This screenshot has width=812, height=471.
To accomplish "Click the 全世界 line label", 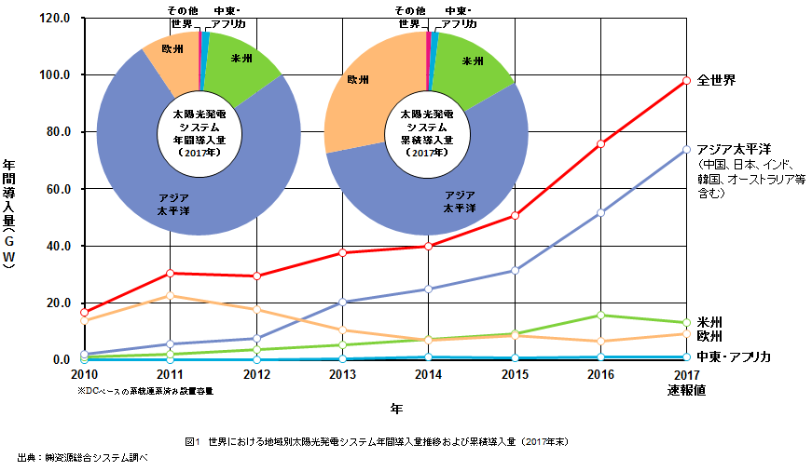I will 716,81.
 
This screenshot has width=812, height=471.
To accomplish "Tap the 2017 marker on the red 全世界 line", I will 686,81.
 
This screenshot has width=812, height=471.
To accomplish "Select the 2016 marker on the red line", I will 600,143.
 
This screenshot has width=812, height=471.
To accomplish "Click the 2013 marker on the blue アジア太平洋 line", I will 342,302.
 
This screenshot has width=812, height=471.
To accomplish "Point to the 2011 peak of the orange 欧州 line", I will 170,296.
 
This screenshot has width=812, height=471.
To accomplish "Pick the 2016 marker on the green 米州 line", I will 600,315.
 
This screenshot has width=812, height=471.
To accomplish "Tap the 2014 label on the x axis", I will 428,374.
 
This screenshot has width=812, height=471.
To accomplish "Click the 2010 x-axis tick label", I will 84,374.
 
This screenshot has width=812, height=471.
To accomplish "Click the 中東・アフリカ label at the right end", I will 735,357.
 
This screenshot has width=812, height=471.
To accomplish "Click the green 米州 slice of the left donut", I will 241,63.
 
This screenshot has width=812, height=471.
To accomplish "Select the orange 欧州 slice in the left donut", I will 172,56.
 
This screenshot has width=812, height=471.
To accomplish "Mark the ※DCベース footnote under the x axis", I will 151,391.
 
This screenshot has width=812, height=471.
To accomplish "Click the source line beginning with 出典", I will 83,458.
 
